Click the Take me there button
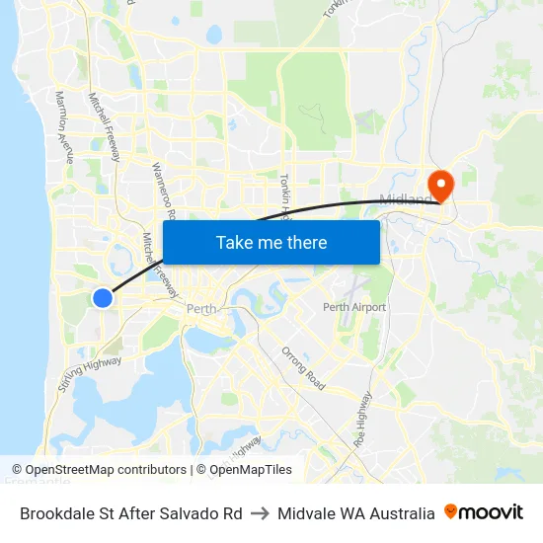[271, 242]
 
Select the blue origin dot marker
[103, 297]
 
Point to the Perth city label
[201, 309]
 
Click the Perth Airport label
[354, 307]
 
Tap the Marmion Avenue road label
[65, 126]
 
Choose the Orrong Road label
[303, 367]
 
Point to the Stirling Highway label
[89, 375]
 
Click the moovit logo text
[492, 512]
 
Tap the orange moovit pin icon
[451, 511]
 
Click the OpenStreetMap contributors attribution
[99, 470]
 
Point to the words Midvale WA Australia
[355, 513]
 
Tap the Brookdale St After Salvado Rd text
[131, 513]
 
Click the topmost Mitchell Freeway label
[105, 127]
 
